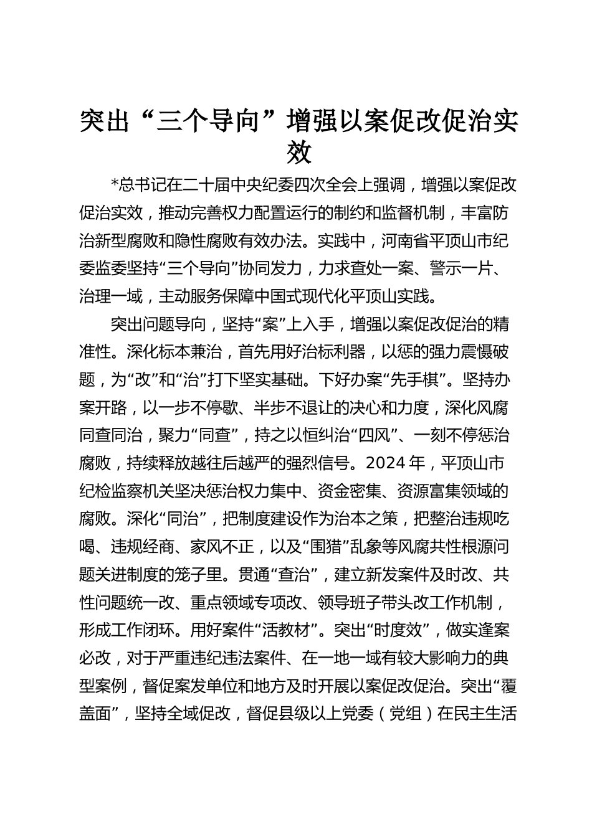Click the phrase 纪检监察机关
click(127, 491)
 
